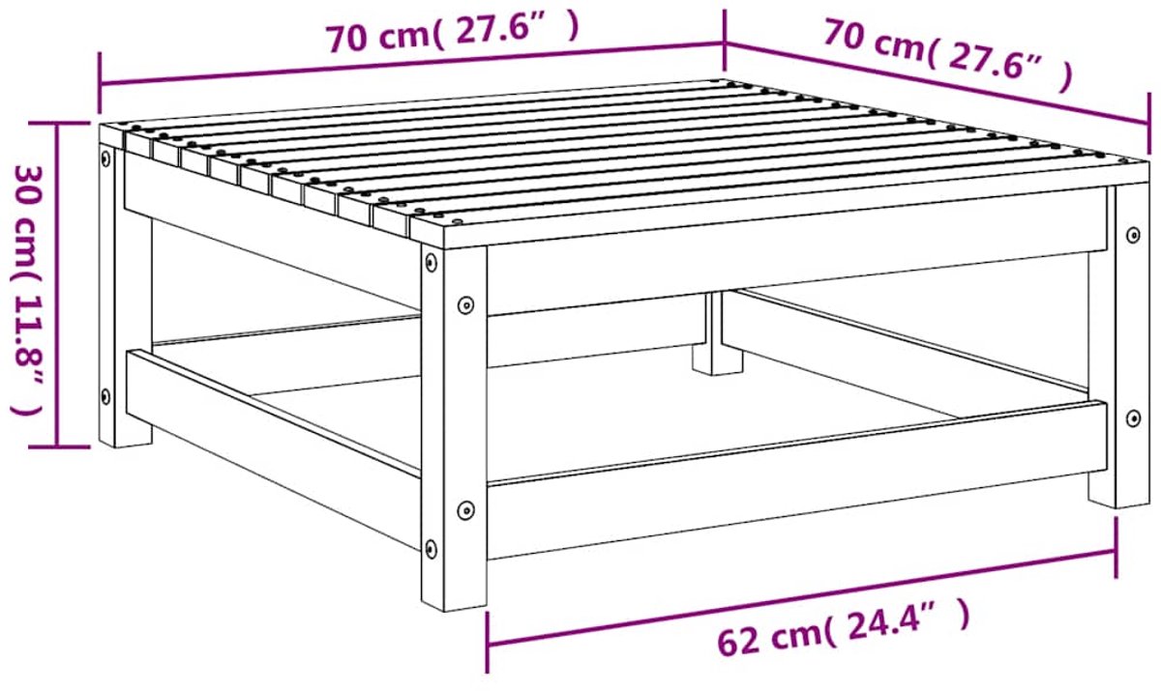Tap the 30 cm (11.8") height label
point(27,290)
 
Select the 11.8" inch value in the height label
point(27,357)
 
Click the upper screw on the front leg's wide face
point(466,304)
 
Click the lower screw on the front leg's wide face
point(466,510)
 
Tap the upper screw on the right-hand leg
point(1133,235)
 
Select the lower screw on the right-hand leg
point(1134,417)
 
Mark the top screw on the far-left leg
point(106,158)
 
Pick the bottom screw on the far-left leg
point(105,397)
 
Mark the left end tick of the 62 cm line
point(488,642)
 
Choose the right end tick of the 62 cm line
point(1116,547)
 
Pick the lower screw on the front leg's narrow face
point(431,548)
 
